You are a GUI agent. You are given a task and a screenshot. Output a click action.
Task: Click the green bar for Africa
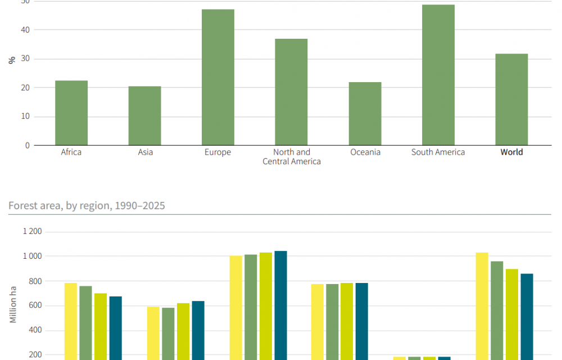(71, 112)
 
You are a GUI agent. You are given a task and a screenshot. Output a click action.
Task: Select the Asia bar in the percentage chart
(144, 115)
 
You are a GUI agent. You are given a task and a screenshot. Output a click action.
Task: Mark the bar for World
(511, 100)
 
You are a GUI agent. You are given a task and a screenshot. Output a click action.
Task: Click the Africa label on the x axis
(71, 152)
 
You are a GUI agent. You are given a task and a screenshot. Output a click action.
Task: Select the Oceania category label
(365, 152)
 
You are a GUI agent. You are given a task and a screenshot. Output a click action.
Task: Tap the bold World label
(511, 152)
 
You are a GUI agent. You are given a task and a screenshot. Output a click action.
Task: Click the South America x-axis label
(438, 152)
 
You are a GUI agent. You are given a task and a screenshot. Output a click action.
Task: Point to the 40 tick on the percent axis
(26, 29)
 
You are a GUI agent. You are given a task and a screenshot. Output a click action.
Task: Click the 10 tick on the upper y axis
(26, 116)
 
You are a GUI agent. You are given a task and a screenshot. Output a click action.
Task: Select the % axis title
(11, 60)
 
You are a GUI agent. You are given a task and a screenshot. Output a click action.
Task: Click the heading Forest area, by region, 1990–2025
(87, 206)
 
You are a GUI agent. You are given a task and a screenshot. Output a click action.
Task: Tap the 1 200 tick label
(32, 232)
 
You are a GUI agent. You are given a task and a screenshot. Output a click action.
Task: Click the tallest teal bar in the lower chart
(280, 304)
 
